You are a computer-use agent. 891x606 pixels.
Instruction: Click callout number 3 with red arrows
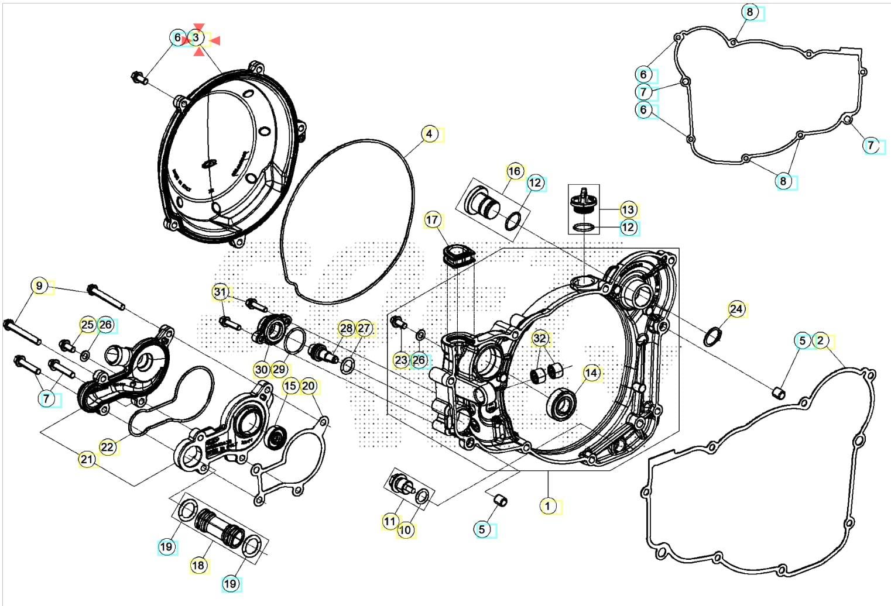(197, 38)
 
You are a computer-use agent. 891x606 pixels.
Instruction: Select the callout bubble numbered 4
(429, 134)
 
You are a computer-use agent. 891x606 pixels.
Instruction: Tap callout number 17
(432, 220)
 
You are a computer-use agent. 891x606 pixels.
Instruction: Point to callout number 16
(514, 171)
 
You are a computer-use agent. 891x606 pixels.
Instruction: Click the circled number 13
(628, 209)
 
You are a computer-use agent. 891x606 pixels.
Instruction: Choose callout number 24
(736, 308)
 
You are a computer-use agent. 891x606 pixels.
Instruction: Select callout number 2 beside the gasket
(820, 340)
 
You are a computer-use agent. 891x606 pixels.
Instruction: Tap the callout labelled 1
(547, 505)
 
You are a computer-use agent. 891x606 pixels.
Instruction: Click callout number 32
(540, 338)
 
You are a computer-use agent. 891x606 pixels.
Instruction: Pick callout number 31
(220, 291)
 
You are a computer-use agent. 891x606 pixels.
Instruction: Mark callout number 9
(39, 286)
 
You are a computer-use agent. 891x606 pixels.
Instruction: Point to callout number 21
(87, 459)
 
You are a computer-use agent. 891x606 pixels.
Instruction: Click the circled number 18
(198, 565)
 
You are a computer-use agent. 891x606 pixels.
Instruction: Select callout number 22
(107, 447)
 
